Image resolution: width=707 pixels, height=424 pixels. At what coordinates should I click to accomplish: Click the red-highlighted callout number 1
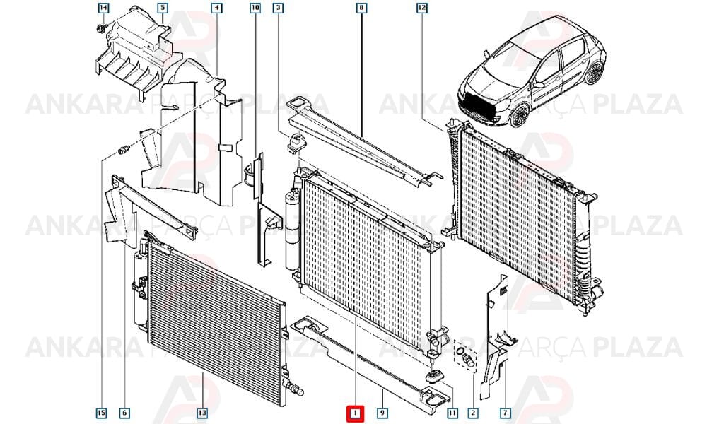(x=356, y=413)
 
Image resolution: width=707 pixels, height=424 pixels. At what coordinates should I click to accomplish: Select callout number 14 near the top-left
(x=103, y=8)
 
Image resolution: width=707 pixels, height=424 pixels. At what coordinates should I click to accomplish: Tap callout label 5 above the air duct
(x=163, y=8)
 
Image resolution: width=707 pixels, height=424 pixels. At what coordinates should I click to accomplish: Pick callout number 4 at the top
(x=217, y=8)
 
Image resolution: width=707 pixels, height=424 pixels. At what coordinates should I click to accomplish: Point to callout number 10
(x=255, y=8)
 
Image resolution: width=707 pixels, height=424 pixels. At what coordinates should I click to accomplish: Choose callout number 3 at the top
(x=278, y=8)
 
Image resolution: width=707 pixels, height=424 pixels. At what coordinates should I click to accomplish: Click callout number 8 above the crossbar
(x=361, y=8)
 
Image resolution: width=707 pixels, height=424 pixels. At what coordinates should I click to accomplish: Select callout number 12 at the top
(x=421, y=8)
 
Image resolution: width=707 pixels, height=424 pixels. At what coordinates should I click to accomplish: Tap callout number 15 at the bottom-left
(x=101, y=413)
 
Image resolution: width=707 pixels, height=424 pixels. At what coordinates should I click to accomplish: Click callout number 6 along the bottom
(x=124, y=413)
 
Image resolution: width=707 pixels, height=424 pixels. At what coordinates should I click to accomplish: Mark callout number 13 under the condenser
(x=202, y=413)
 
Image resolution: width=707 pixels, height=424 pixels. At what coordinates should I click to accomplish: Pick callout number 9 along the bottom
(x=382, y=413)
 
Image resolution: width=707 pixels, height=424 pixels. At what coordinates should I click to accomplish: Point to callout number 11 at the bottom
(x=452, y=413)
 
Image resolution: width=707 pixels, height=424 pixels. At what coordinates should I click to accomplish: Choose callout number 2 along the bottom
(x=473, y=413)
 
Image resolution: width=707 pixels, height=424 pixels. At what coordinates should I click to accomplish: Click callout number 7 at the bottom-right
(x=506, y=413)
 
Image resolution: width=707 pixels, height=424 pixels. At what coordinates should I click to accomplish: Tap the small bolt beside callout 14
(x=100, y=30)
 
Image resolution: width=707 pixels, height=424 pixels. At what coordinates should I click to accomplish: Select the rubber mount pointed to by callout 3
(x=296, y=142)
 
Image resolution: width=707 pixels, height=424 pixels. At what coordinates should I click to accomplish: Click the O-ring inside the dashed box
(x=460, y=351)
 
